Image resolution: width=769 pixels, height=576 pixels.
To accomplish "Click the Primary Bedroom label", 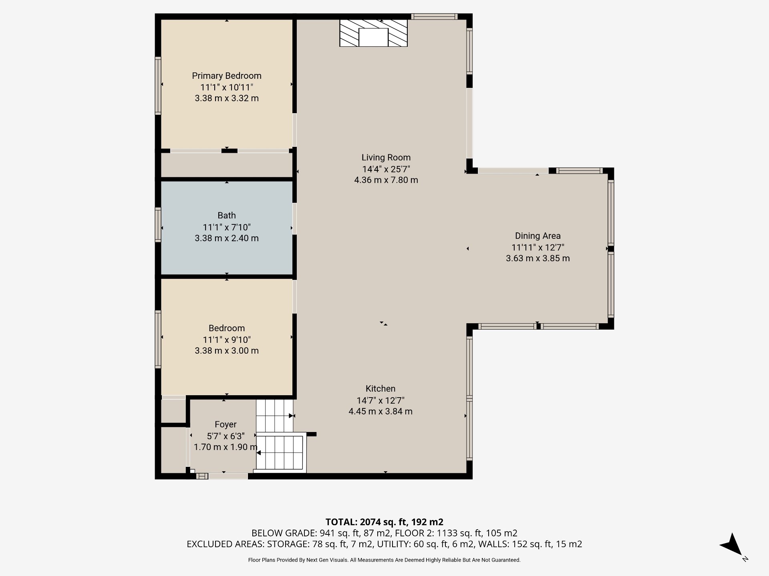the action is tap(226, 76).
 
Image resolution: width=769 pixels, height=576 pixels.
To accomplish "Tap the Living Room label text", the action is tap(386, 158).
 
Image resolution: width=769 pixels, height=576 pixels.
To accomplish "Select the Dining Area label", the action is tap(537, 236).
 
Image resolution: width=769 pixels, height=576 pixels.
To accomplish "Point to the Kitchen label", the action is tap(380, 388).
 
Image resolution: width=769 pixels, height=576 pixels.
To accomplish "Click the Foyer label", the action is tap(225, 424).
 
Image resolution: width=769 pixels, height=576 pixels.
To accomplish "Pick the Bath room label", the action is tap(227, 216).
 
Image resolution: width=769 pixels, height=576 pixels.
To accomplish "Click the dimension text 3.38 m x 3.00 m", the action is tap(227, 351).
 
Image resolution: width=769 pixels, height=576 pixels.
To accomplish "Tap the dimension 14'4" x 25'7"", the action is tap(386, 169).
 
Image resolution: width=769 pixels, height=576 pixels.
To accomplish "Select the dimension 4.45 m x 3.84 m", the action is tap(380, 411).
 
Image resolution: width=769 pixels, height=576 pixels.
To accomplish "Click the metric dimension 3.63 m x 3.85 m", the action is tap(537, 258).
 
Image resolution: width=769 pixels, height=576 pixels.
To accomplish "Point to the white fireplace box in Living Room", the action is tap(373, 37).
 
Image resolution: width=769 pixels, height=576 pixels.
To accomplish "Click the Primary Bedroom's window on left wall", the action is tap(158, 86).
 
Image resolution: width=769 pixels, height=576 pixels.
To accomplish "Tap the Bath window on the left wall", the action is tap(158, 225).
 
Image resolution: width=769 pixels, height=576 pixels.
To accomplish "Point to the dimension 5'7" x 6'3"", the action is tap(225, 436).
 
